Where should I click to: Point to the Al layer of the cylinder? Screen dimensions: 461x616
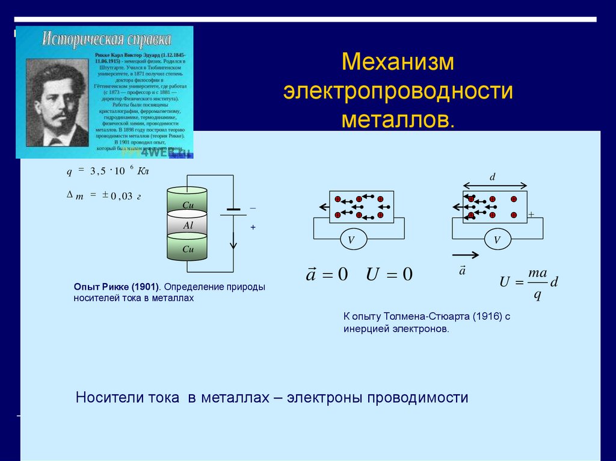[x=187, y=225]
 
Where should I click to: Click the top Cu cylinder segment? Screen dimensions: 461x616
[x=187, y=202]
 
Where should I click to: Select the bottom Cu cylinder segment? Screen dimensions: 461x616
[x=187, y=248]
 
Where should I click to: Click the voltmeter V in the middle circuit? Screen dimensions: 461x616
[x=351, y=240]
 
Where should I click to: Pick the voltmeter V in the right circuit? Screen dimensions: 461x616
[x=497, y=240]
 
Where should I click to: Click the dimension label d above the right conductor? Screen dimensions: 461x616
[x=492, y=177]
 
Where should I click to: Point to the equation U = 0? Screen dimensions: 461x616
[x=389, y=275]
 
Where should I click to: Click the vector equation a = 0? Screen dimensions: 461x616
[x=327, y=274]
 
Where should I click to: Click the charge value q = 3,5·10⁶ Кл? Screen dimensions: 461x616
[x=107, y=171]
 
